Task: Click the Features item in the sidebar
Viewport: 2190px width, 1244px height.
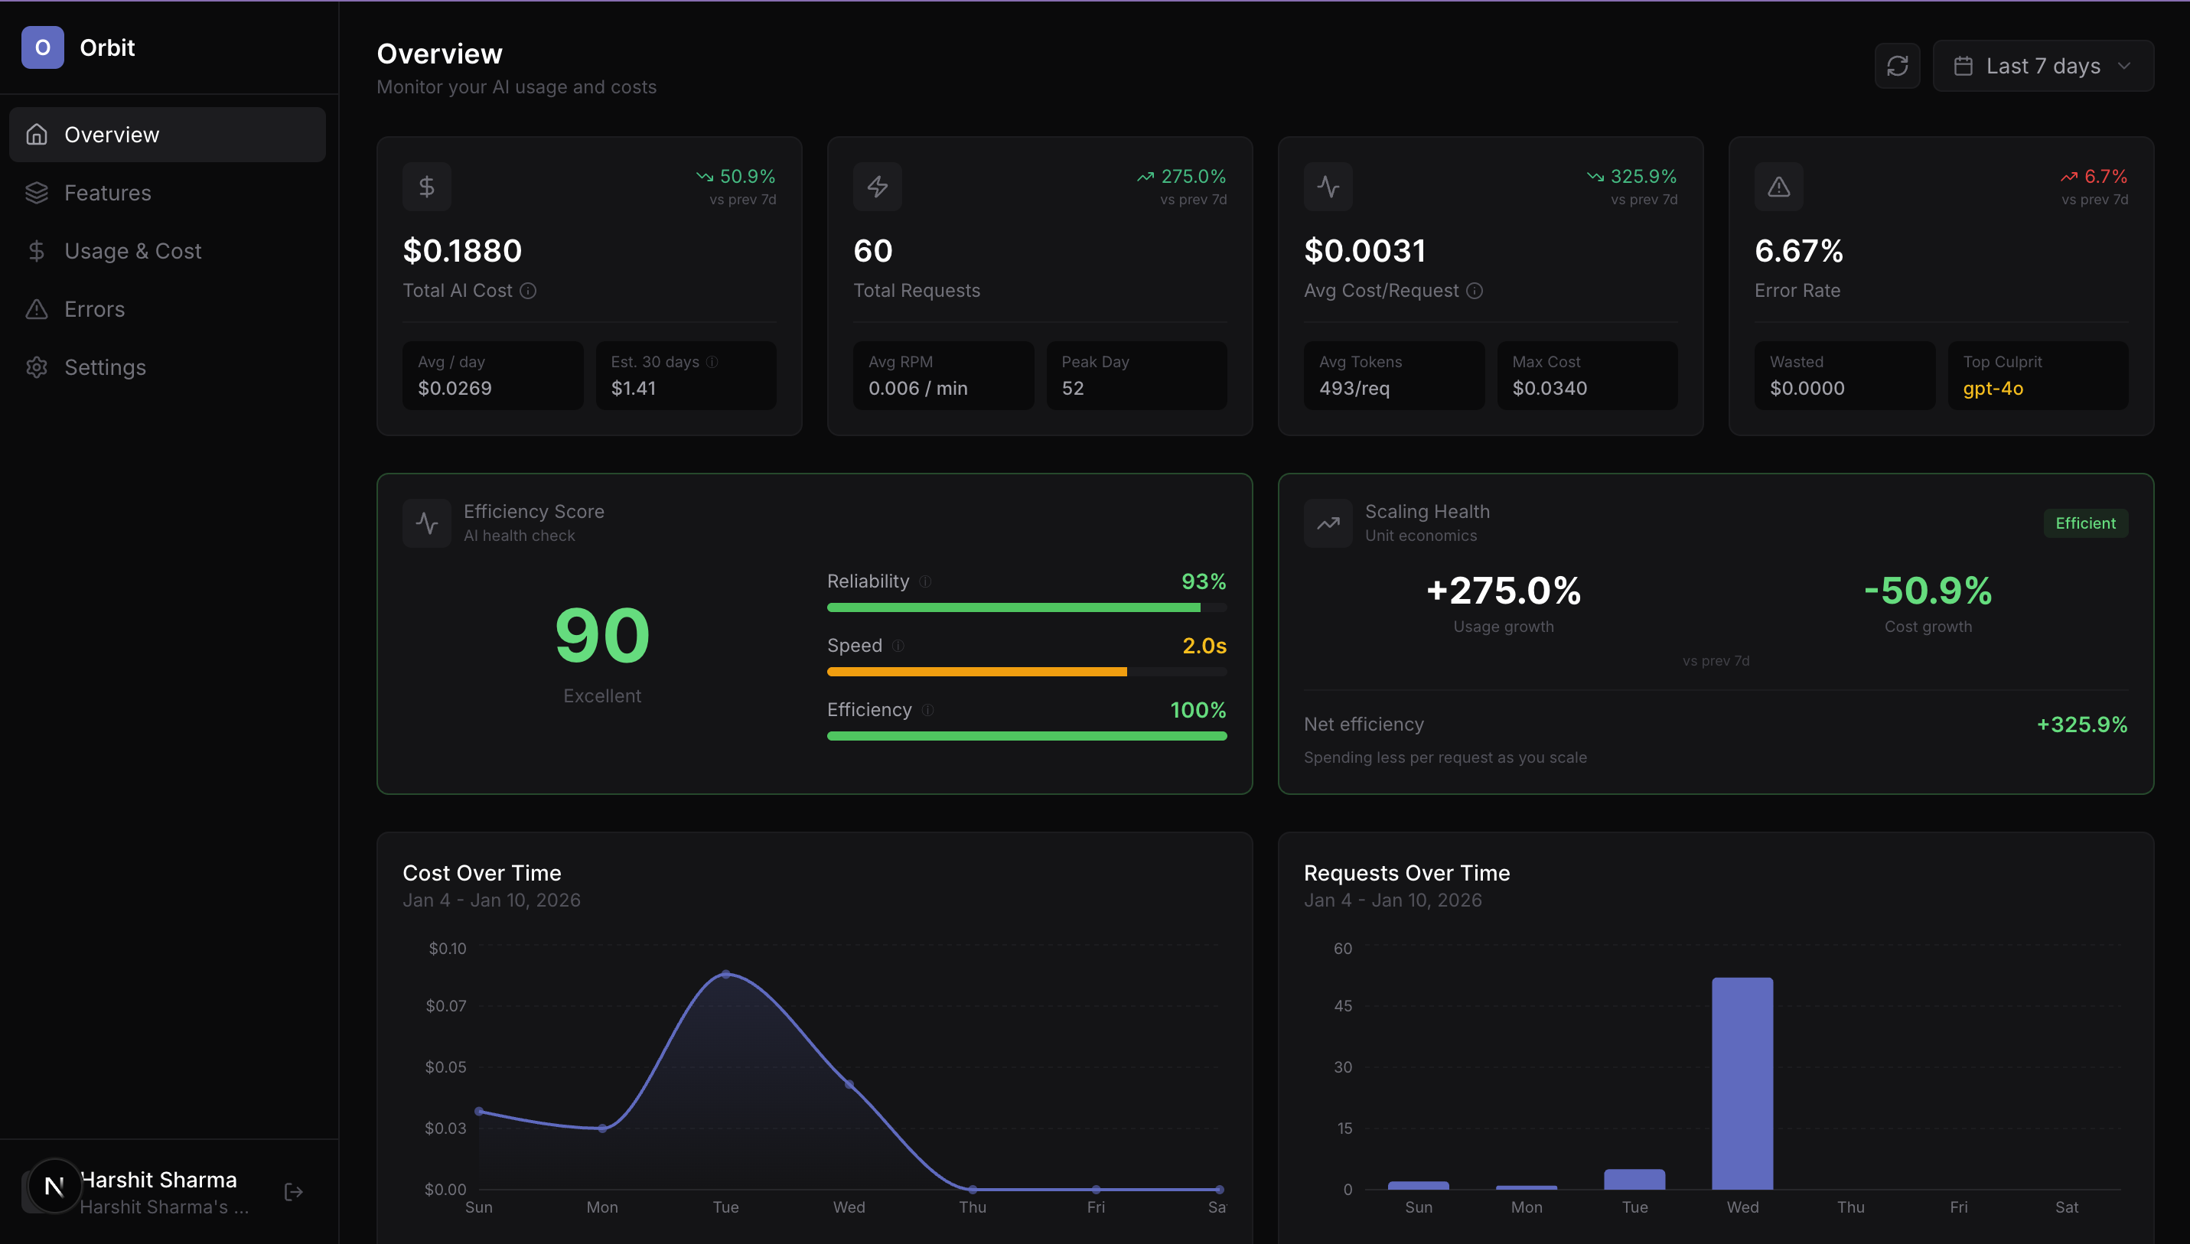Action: point(108,193)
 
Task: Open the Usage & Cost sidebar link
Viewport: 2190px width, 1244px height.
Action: point(132,251)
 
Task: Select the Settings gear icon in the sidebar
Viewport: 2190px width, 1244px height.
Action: point(37,367)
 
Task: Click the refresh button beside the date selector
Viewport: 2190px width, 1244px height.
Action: point(1897,66)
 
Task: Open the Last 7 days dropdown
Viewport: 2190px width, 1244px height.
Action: point(2042,66)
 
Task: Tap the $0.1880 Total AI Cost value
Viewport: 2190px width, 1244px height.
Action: point(462,251)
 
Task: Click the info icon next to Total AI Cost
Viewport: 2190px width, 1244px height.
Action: point(528,291)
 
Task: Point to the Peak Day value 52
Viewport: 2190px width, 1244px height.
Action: point(1072,389)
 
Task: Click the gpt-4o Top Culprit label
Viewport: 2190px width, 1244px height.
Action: point(1993,389)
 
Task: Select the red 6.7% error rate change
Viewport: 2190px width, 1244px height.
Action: point(2104,177)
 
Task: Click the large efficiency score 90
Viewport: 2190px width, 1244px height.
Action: point(601,636)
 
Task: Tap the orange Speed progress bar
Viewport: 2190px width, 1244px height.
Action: point(976,672)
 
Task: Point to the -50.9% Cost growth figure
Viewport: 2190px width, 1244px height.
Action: point(1928,591)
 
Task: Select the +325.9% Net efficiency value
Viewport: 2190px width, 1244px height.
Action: point(2081,725)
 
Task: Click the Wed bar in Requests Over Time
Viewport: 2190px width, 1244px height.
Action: point(1742,1083)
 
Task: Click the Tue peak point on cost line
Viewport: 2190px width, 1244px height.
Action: point(725,975)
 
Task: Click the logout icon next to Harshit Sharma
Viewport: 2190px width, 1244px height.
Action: point(293,1192)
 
